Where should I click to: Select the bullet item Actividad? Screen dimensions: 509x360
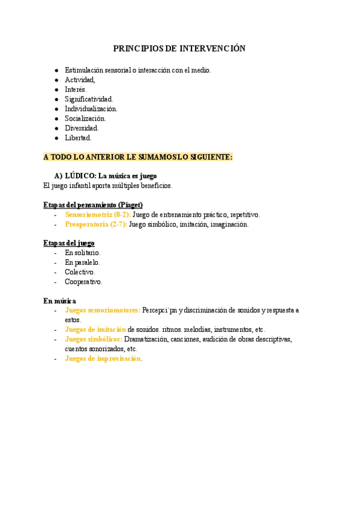tap(80, 80)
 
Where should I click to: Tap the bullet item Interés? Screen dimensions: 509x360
tap(76, 89)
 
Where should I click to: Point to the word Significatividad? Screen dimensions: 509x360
tap(89, 99)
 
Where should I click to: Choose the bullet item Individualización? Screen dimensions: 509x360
tap(91, 109)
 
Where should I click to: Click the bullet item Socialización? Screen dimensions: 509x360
tap(85, 118)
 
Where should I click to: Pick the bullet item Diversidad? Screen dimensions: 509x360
tap(82, 128)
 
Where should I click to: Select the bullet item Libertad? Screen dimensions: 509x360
tap(78, 137)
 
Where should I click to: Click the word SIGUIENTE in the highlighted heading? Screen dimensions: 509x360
tap(209, 157)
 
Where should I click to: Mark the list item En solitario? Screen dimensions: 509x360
tap(83, 253)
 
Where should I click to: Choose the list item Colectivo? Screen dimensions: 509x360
tap(80, 272)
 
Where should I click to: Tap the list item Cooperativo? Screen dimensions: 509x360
tap(83, 282)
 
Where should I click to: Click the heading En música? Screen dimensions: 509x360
tap(59, 301)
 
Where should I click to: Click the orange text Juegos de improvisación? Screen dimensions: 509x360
tap(103, 358)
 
